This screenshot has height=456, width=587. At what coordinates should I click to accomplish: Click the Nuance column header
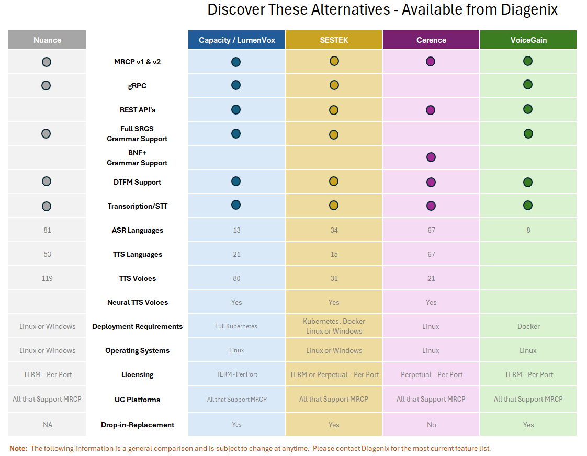47,40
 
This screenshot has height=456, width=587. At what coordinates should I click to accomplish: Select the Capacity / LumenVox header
236,40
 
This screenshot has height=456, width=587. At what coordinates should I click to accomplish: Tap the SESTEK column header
334,40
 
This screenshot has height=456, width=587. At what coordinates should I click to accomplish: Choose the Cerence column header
431,40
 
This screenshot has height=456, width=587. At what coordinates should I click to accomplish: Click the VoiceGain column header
528,40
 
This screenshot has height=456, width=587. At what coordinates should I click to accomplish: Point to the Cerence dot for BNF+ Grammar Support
431,157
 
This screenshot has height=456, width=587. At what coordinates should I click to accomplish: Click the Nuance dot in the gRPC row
46,86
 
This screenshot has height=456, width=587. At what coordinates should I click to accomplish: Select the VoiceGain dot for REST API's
528,109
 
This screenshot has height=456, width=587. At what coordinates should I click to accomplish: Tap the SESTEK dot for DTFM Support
334,181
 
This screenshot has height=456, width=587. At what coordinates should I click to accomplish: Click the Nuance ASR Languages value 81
47,230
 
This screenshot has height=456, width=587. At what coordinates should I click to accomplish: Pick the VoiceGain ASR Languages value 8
528,230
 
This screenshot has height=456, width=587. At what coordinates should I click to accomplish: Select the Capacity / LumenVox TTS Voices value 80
236,278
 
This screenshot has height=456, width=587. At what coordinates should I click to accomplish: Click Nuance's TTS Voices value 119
47,278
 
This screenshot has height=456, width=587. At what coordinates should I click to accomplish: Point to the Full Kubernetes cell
236,326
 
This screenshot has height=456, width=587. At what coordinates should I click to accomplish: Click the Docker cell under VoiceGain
528,326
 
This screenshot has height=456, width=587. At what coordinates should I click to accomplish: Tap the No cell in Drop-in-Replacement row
431,425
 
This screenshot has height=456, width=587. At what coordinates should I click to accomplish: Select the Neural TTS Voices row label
138,302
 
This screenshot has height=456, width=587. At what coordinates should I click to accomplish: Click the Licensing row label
138,374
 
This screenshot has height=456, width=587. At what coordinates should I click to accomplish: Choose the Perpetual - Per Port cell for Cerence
432,374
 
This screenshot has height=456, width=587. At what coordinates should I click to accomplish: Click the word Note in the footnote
18,448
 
